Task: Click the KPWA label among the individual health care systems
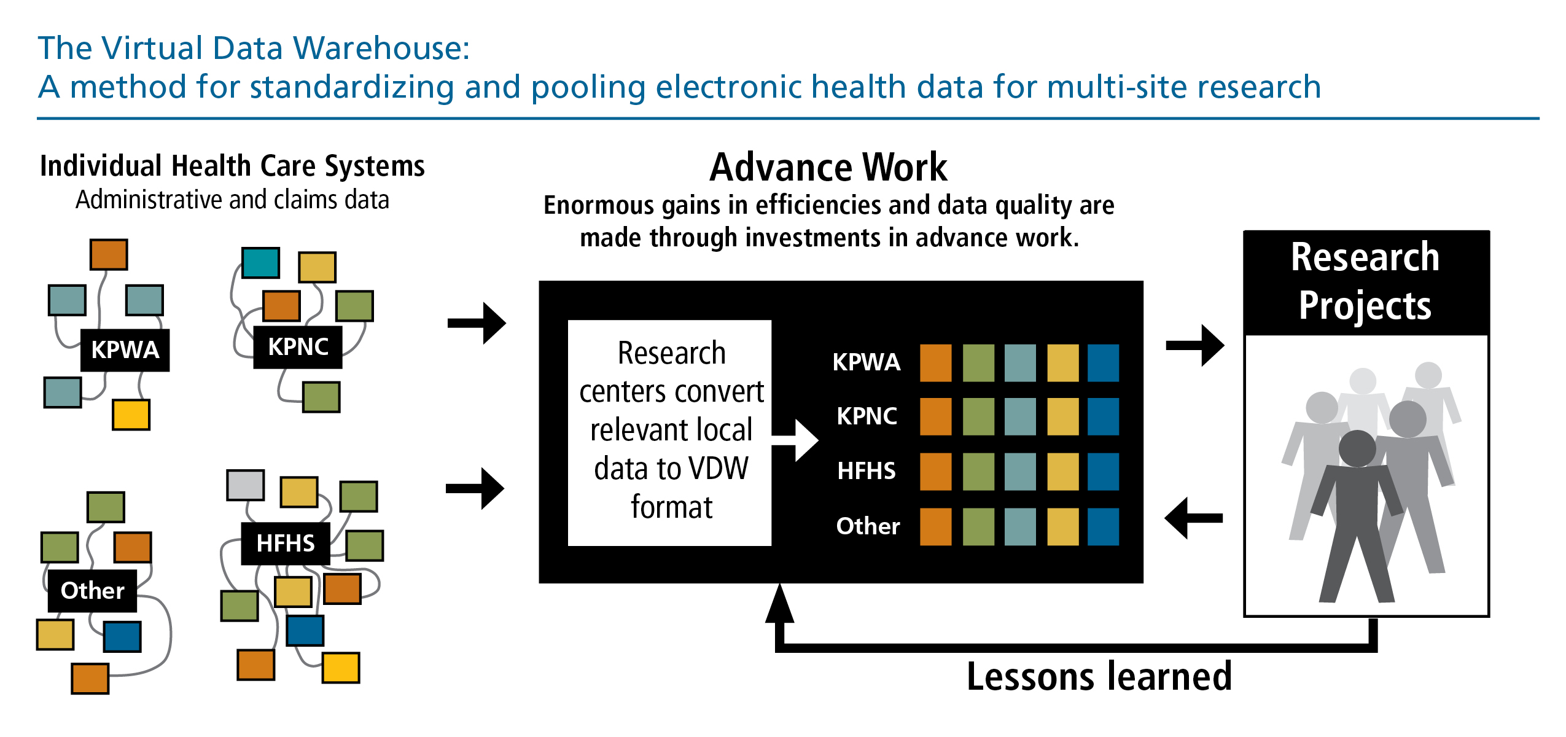tap(125, 350)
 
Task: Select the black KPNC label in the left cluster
tap(298, 347)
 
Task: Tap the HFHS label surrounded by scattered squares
tap(286, 544)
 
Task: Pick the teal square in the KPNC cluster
tap(260, 263)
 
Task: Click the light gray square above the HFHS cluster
tap(246, 485)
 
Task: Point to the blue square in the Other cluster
tap(122, 636)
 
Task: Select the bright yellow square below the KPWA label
tap(131, 415)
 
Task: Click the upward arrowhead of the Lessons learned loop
tap(779, 605)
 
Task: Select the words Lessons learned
tap(1099, 677)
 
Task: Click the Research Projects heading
tap(1365, 281)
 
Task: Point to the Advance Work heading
tap(828, 167)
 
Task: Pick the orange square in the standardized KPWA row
tap(935, 363)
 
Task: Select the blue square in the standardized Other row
tap(1103, 526)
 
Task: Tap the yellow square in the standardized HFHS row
tap(1062, 472)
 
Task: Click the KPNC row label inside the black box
tap(867, 416)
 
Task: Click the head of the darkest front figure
tap(1357, 448)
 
